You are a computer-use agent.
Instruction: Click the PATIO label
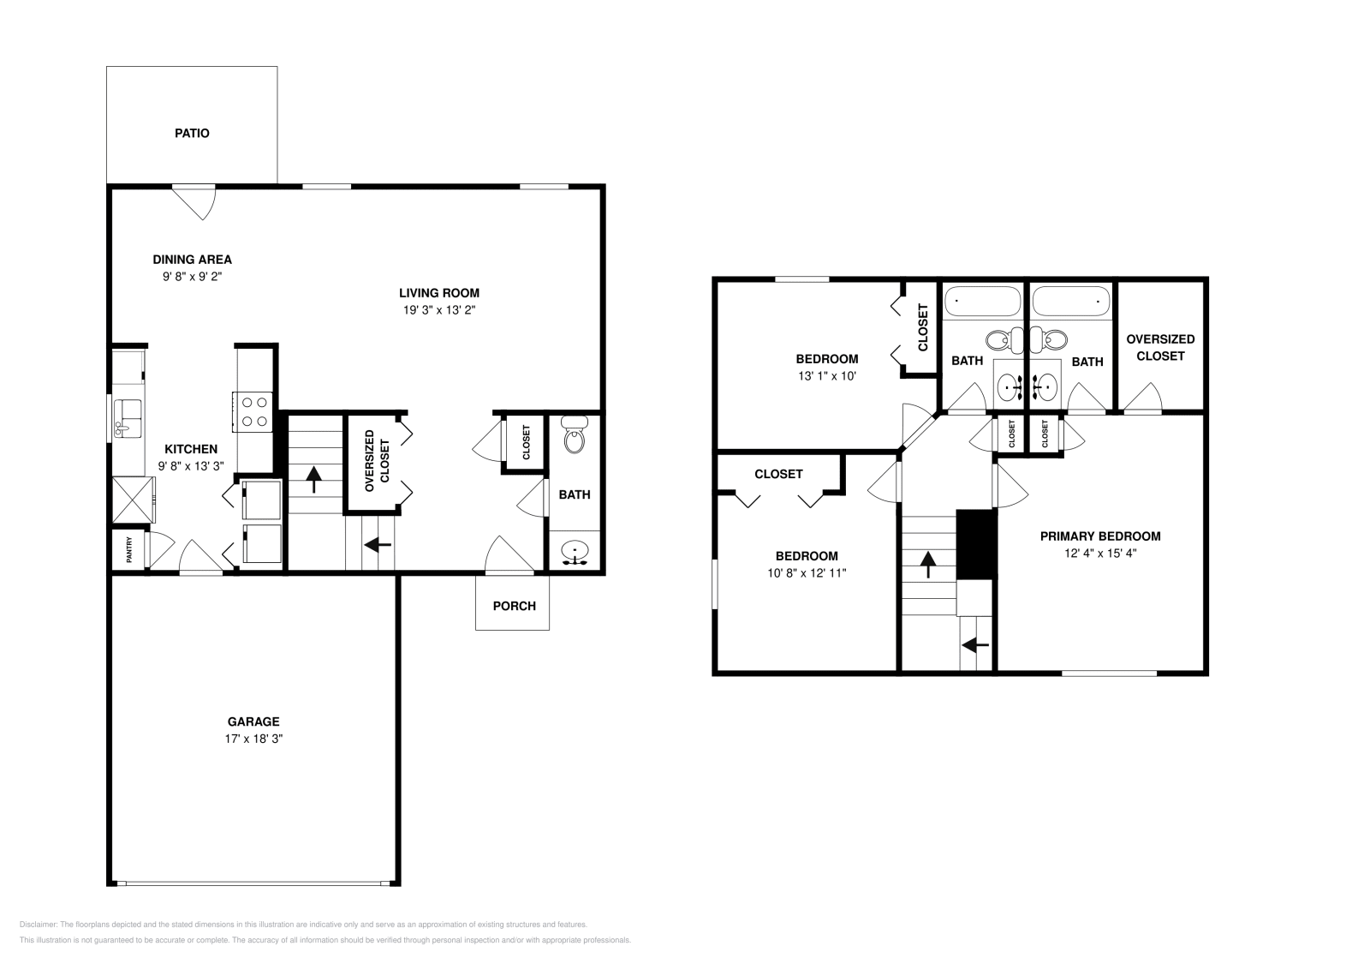click(192, 134)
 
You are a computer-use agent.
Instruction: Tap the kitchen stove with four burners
click(253, 410)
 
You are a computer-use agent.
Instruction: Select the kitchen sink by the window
click(129, 418)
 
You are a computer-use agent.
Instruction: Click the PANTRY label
click(129, 550)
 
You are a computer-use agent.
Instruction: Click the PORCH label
click(514, 606)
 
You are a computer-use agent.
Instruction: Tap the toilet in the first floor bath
click(575, 436)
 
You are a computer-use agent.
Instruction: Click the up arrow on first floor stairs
click(313, 478)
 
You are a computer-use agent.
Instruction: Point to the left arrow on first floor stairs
click(378, 544)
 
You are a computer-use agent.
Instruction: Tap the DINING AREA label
click(192, 260)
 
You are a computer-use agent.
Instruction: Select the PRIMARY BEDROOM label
click(1099, 536)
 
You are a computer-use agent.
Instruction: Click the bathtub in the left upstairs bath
click(982, 302)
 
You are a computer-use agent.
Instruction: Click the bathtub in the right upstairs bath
click(1070, 302)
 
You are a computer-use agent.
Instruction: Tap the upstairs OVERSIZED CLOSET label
click(1160, 347)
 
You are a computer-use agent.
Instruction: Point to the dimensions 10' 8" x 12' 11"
click(806, 573)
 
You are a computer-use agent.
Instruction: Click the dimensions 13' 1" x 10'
click(826, 375)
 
